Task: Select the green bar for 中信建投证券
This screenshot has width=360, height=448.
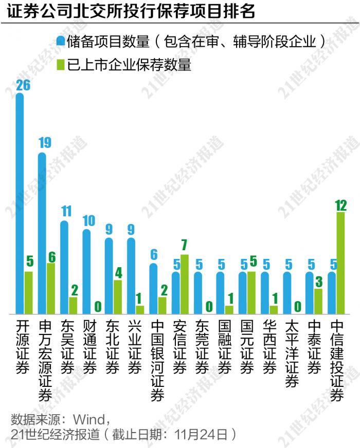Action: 340,263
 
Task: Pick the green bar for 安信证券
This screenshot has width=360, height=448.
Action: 184,284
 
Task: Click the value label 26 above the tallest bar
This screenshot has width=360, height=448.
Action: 23,85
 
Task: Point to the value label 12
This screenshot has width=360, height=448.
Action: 340,206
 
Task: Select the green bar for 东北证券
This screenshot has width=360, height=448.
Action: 118,296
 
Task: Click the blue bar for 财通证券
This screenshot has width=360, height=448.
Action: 86,271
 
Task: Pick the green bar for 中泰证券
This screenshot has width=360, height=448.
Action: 318,301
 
